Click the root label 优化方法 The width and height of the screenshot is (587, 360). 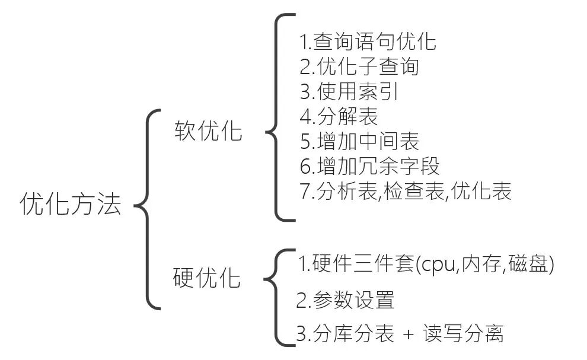click(71, 205)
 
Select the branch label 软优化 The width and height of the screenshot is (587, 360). click(208, 131)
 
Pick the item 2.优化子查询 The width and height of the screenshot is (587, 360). click(359, 66)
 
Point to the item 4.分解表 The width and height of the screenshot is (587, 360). click(339, 116)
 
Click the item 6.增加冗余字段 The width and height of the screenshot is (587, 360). click(369, 166)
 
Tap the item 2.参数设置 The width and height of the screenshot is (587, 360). click(345, 300)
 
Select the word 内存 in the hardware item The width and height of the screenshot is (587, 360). click(481, 265)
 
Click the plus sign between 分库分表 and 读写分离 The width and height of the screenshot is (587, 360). click(408, 334)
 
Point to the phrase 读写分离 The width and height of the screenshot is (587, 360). click(462, 334)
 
